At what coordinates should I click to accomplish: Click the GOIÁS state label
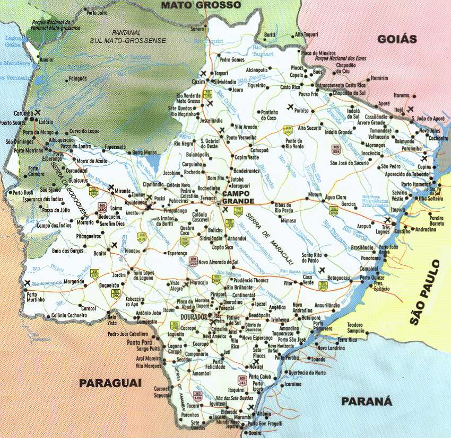397,39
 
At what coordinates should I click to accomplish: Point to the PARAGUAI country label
110,383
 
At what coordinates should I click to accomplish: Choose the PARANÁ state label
366,401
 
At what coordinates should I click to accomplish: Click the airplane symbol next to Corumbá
38,112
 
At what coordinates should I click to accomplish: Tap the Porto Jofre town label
97,12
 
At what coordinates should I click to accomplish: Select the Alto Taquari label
306,34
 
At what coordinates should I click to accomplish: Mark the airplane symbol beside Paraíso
290,107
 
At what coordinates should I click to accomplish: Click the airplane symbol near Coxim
204,73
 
